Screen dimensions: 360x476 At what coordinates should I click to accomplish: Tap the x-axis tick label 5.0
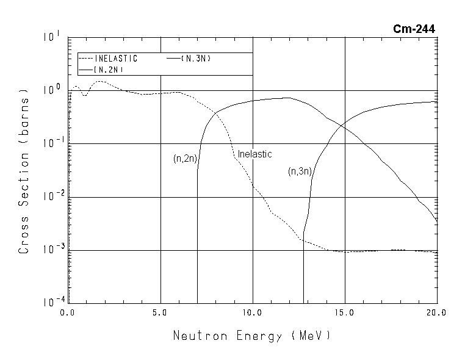pyautogui.click(x=160, y=313)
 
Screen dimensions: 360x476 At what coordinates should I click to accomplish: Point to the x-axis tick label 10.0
pyautogui.click(x=252, y=313)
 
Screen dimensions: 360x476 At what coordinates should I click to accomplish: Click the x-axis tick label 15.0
pyautogui.click(x=345, y=313)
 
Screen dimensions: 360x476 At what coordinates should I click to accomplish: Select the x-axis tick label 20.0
pyautogui.click(x=437, y=313)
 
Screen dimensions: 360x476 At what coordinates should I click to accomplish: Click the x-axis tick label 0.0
pyautogui.click(x=68, y=313)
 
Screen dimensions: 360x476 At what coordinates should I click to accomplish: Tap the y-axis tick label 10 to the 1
pyautogui.click(x=51, y=37)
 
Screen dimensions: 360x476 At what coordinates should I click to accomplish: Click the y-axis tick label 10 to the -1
pyautogui.click(x=49, y=144)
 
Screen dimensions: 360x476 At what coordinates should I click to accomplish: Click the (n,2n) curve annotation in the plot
pyautogui.click(x=184, y=159)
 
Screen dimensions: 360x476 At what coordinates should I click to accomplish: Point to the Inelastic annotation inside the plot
pyautogui.click(x=254, y=154)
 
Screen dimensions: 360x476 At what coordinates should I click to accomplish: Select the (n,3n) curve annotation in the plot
pyautogui.click(x=300, y=172)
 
